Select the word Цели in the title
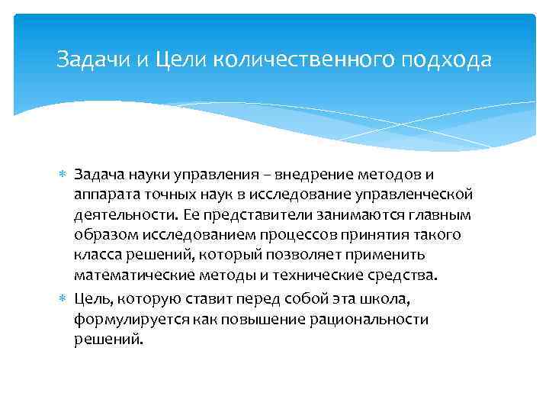click(181, 60)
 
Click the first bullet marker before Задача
click(65, 176)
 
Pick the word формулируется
click(124, 318)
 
